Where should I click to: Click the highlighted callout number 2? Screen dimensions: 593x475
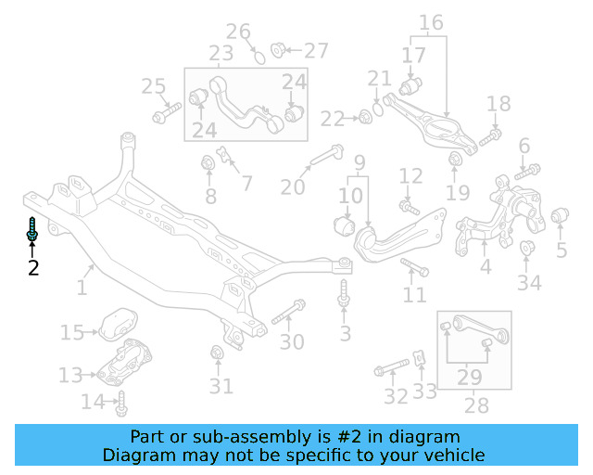pyautogui.click(x=33, y=268)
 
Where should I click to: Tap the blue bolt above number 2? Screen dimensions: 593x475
pyautogui.click(x=32, y=229)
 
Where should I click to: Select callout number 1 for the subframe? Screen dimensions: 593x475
pyautogui.click(x=82, y=288)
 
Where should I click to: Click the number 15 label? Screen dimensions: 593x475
pyautogui.click(x=72, y=332)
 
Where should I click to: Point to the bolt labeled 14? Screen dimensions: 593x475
pyautogui.click(x=121, y=404)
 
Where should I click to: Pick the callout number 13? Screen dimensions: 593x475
pyautogui.click(x=70, y=375)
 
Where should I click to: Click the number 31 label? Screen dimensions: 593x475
pyautogui.click(x=221, y=386)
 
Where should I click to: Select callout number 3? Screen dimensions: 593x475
pyautogui.click(x=345, y=333)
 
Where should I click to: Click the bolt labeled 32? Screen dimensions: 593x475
pyautogui.click(x=388, y=371)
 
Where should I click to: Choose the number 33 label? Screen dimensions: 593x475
pyautogui.click(x=424, y=391)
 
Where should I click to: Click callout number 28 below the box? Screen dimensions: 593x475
pyautogui.click(x=474, y=405)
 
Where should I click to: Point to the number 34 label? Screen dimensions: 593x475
pyautogui.click(x=529, y=281)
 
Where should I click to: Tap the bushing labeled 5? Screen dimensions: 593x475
pyautogui.click(x=560, y=218)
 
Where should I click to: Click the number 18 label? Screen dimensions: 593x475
pyautogui.click(x=498, y=104)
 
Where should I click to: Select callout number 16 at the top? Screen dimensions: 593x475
pyautogui.click(x=432, y=22)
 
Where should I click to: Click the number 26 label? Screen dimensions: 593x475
pyautogui.click(x=239, y=32)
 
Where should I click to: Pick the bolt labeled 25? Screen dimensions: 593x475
pyautogui.click(x=167, y=115)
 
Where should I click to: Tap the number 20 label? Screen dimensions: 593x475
pyautogui.click(x=293, y=187)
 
